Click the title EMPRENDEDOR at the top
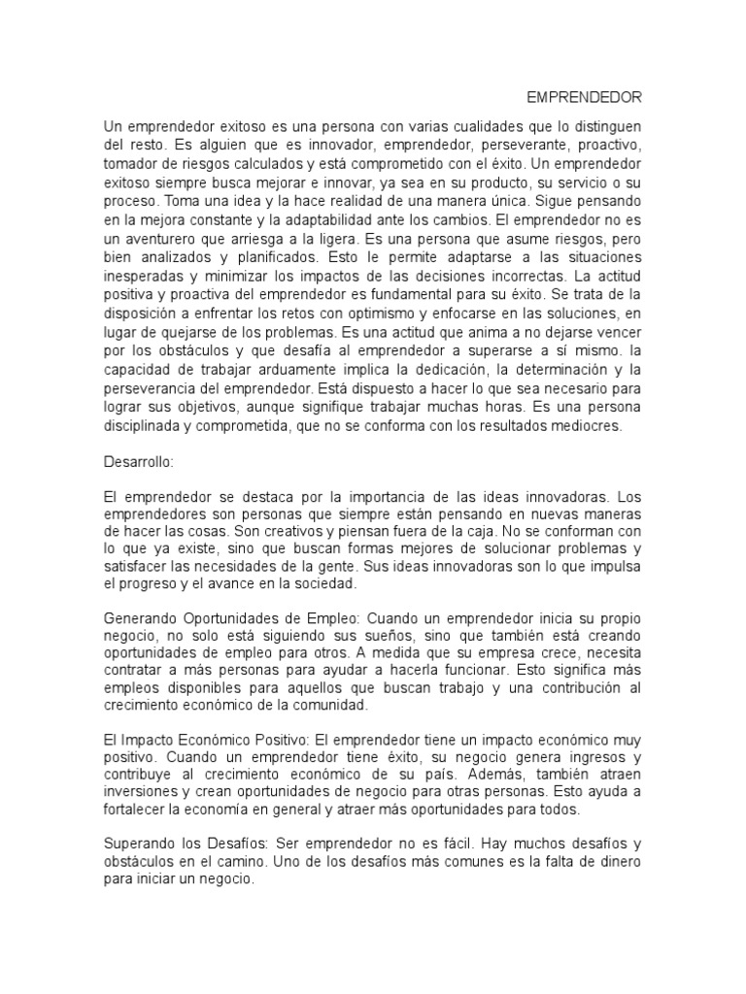[585, 98]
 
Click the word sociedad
[326, 587]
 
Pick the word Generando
[141, 619]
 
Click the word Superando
[139, 844]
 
